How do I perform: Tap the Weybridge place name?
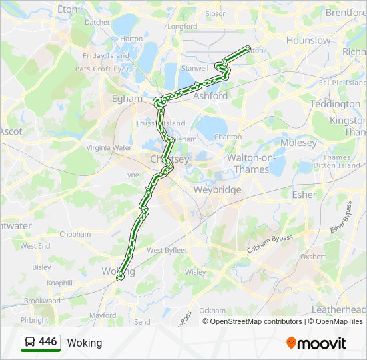(x=217, y=190)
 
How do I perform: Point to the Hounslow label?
(x=308, y=40)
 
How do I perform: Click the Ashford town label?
(x=210, y=95)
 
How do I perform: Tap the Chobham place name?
(x=75, y=235)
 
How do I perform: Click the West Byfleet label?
(x=167, y=251)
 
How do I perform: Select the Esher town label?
(x=304, y=195)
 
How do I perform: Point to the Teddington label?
(x=335, y=104)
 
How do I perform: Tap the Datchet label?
(x=97, y=22)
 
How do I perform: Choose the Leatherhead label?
(x=339, y=310)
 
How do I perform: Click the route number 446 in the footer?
(x=48, y=342)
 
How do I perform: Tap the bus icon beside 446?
(x=30, y=343)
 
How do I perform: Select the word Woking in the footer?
(x=85, y=343)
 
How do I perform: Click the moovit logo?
(x=316, y=343)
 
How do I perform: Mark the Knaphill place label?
(x=60, y=283)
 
